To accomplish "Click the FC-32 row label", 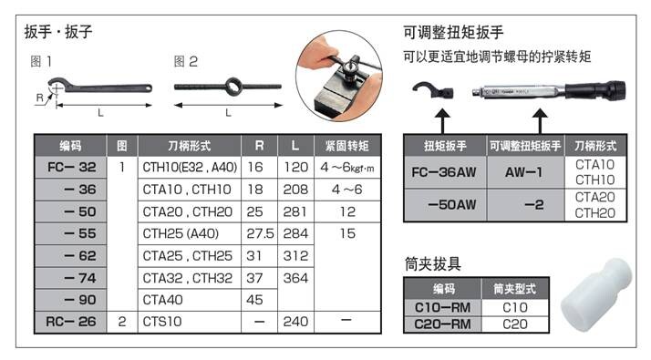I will pyautogui.click(x=70, y=168).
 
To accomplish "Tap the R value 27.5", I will pyautogui.click(x=259, y=233).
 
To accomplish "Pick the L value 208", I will pyautogui.click(x=294, y=190).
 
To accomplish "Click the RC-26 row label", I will pyautogui.click(x=70, y=321).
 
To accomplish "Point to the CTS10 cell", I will pyautogui.click(x=161, y=321).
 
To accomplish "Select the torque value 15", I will pyautogui.click(x=346, y=233).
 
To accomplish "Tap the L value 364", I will pyautogui.click(x=294, y=277).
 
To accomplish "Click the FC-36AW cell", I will pyautogui.click(x=444, y=171).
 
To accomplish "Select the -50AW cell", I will pyautogui.click(x=444, y=203).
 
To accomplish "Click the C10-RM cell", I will pyautogui.click(x=442, y=307).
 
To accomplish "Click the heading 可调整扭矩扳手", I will pyautogui.click(x=453, y=34).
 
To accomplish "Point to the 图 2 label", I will pyautogui.click(x=185, y=62).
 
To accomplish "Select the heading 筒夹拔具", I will pyautogui.click(x=432, y=264).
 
